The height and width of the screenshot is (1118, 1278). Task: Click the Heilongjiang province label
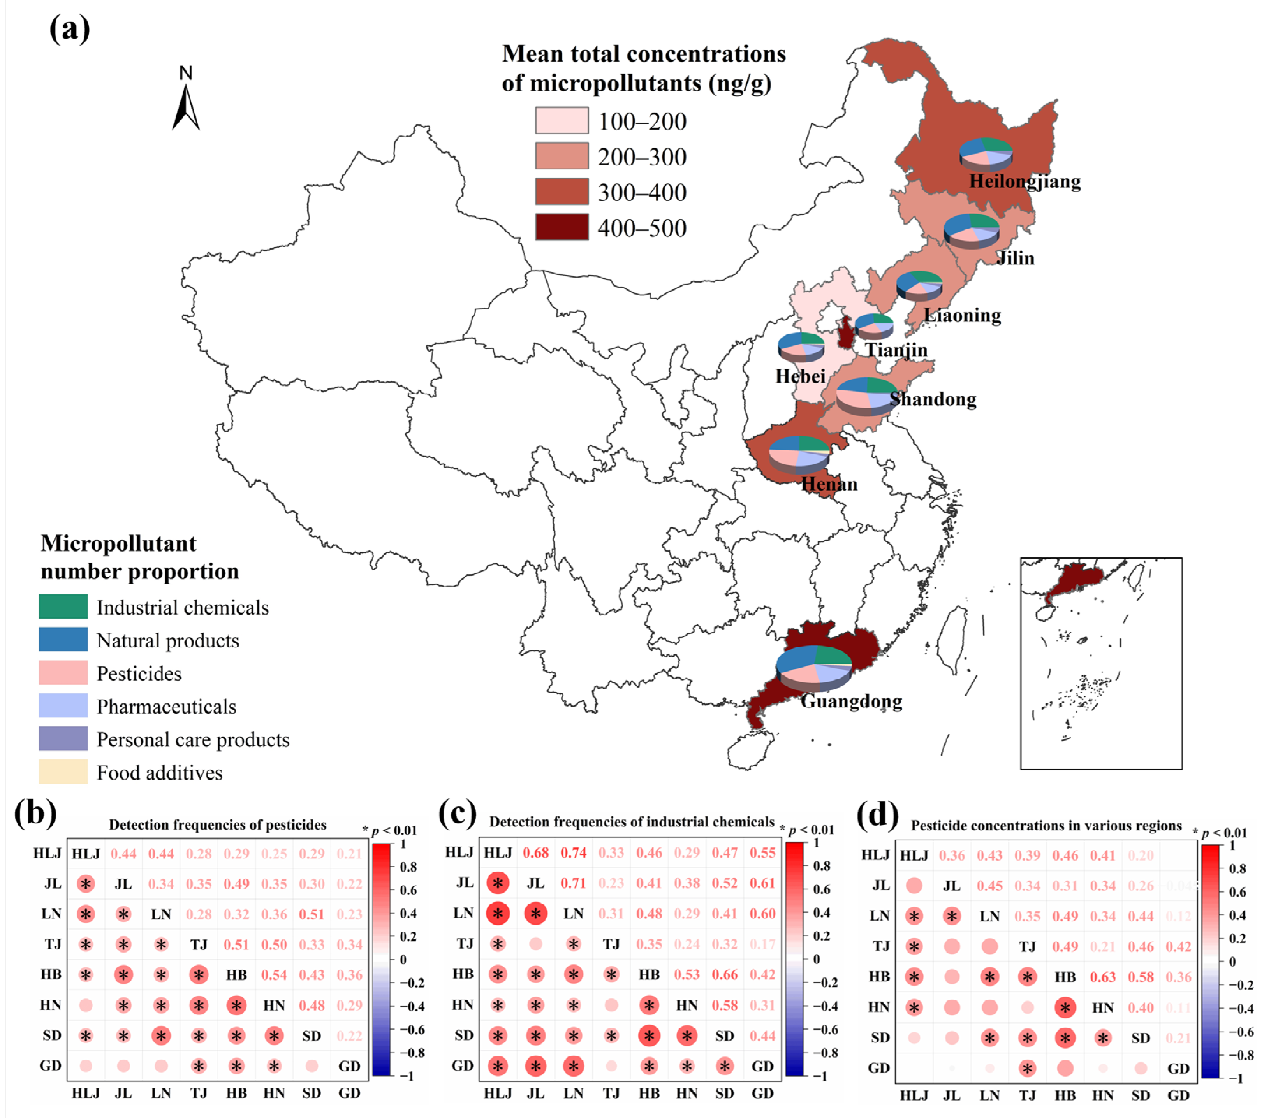(x=1024, y=181)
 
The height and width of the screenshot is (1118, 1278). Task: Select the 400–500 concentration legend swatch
(x=562, y=227)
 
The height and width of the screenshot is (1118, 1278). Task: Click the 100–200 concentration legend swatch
(x=562, y=120)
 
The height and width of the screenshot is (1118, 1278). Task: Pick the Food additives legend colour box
(x=63, y=772)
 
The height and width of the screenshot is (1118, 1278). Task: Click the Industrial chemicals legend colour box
(x=63, y=606)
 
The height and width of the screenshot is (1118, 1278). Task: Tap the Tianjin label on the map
(x=896, y=350)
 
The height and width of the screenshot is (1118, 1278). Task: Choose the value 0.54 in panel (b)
(x=274, y=974)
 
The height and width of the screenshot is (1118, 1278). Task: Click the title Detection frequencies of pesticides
(x=217, y=825)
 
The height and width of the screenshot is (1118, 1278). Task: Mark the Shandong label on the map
(x=933, y=399)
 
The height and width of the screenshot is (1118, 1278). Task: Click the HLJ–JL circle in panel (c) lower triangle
(x=497, y=883)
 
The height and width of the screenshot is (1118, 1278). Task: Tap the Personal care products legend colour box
(x=63, y=739)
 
